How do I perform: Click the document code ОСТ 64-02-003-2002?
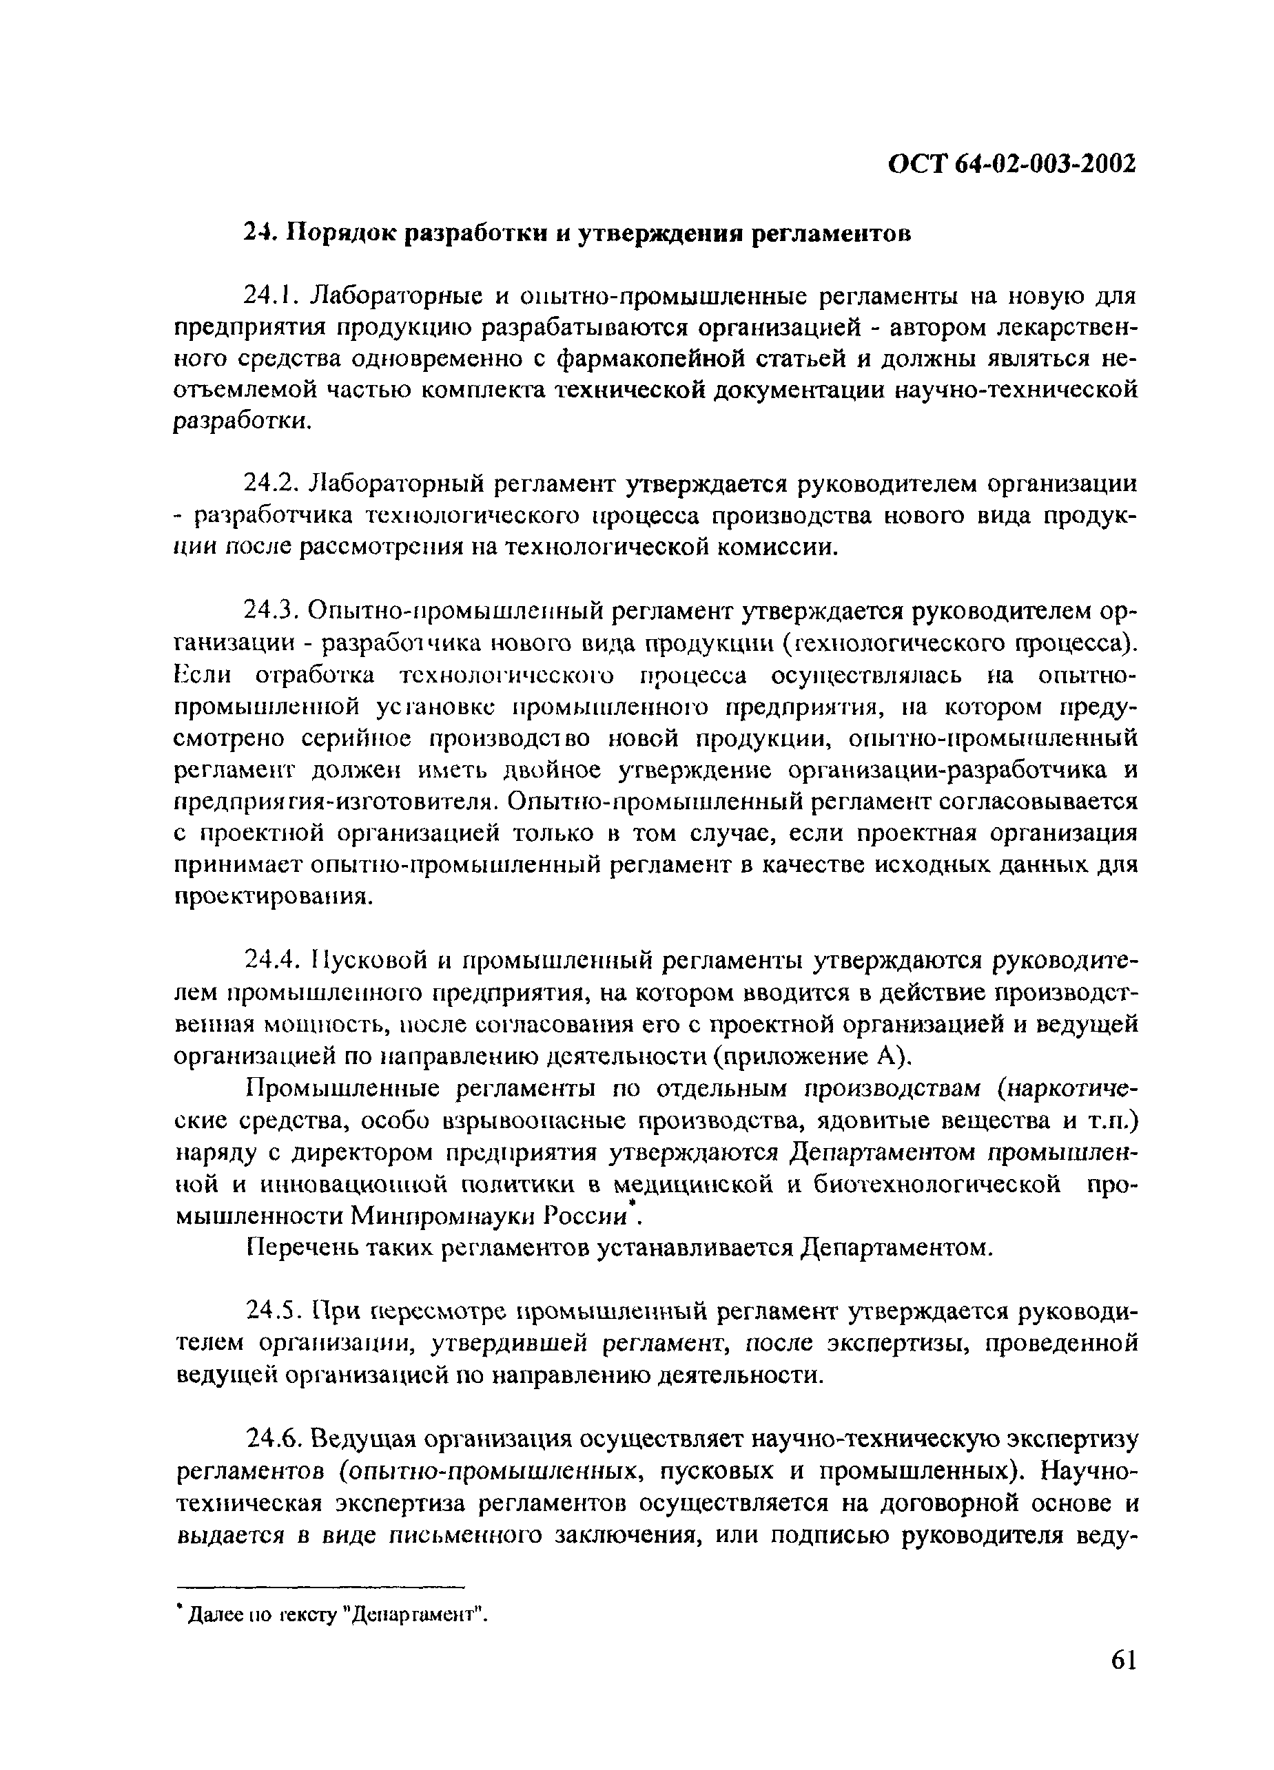[x=1011, y=164]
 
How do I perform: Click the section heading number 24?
[x=256, y=233]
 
